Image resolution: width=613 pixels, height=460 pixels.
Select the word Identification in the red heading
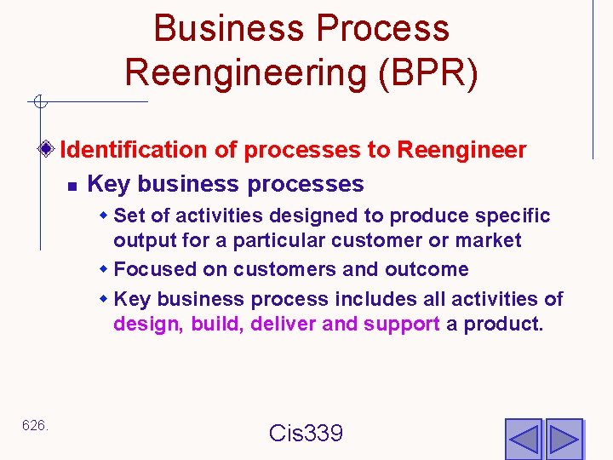135,150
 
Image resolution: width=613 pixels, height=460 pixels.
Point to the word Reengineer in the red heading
461,150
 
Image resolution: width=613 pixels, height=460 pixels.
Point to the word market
489,241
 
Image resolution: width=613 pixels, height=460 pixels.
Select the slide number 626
34,425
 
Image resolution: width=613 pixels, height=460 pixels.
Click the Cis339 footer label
306,433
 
